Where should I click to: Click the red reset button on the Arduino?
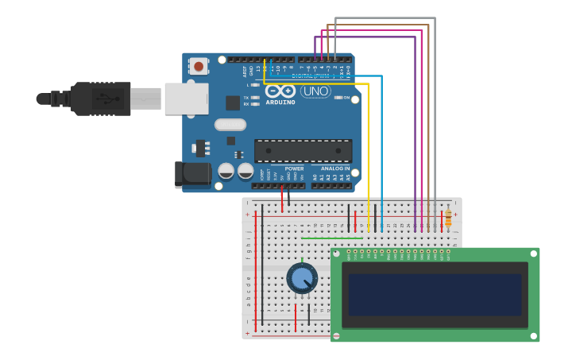point(198,67)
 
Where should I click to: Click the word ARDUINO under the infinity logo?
point(280,103)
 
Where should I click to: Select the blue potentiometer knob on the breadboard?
point(302,278)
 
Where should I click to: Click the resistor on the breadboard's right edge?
point(448,217)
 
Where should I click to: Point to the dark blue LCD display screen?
point(435,295)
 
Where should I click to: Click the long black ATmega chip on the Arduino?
point(303,151)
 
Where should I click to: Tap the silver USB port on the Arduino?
point(187,99)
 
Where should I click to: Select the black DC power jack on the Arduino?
point(193,175)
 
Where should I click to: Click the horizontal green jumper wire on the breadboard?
point(332,238)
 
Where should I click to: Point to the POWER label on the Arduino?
point(294,168)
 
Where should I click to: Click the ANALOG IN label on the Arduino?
point(334,168)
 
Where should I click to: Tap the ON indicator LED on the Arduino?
point(338,97)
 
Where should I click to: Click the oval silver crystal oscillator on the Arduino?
point(230,124)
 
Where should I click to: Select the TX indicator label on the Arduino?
point(246,97)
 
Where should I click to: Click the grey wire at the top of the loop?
point(385,18)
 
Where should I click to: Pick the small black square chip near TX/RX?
point(233,103)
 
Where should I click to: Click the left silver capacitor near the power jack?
point(226,171)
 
